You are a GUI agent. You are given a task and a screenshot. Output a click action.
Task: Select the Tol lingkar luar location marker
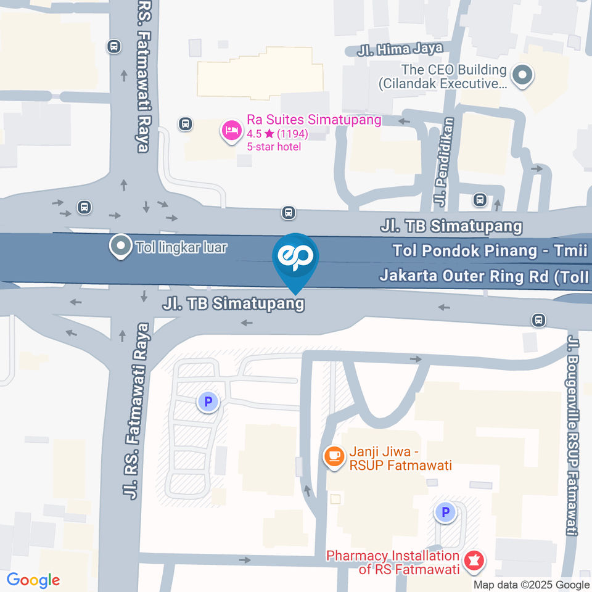coord(118,247)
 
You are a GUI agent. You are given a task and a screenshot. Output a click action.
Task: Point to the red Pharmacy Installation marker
coord(475,561)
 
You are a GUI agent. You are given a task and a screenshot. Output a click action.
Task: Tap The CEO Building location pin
coord(523,76)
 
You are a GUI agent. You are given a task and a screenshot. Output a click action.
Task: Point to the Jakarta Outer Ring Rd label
coord(484,276)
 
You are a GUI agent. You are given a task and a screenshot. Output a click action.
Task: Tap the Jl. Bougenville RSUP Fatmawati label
coord(573,435)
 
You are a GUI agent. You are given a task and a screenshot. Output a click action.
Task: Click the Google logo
coord(33,580)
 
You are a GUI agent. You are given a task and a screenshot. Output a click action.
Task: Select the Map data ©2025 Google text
coord(532,585)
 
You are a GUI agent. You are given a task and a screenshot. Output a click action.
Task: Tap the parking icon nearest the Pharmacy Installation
coord(444,511)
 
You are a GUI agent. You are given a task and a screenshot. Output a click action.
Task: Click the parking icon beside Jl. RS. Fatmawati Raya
coord(208,403)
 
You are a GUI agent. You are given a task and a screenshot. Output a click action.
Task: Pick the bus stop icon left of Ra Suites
coord(184,124)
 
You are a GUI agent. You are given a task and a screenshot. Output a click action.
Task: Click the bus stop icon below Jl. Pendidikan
coord(479,200)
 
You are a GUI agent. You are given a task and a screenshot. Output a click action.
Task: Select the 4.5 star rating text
coord(277,133)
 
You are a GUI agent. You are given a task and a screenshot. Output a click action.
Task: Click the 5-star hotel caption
coord(274,147)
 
